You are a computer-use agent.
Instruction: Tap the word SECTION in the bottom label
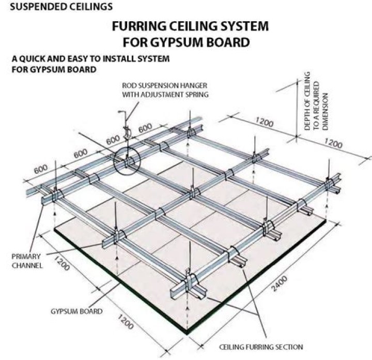coord(289,347)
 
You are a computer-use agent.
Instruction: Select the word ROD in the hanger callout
coord(129,86)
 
